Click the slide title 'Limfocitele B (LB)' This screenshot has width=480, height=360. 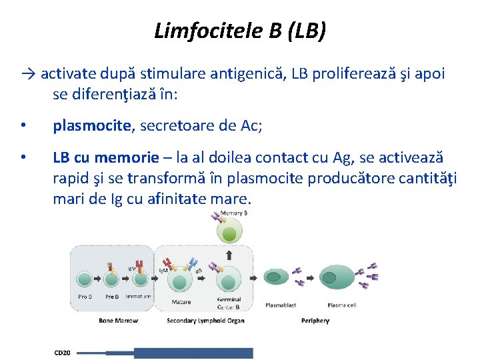tap(240, 31)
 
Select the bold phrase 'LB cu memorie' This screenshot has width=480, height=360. tap(106, 158)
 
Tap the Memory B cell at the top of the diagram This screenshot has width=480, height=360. tap(229, 233)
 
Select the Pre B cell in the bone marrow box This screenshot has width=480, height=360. tap(111, 281)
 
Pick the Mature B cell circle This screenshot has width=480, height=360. tap(181, 281)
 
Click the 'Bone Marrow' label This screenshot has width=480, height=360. tap(118, 321)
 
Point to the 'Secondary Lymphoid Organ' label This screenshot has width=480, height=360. tap(205, 321)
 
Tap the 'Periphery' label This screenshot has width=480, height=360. tap(315, 321)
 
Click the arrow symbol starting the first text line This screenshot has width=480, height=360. tap(28, 74)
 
